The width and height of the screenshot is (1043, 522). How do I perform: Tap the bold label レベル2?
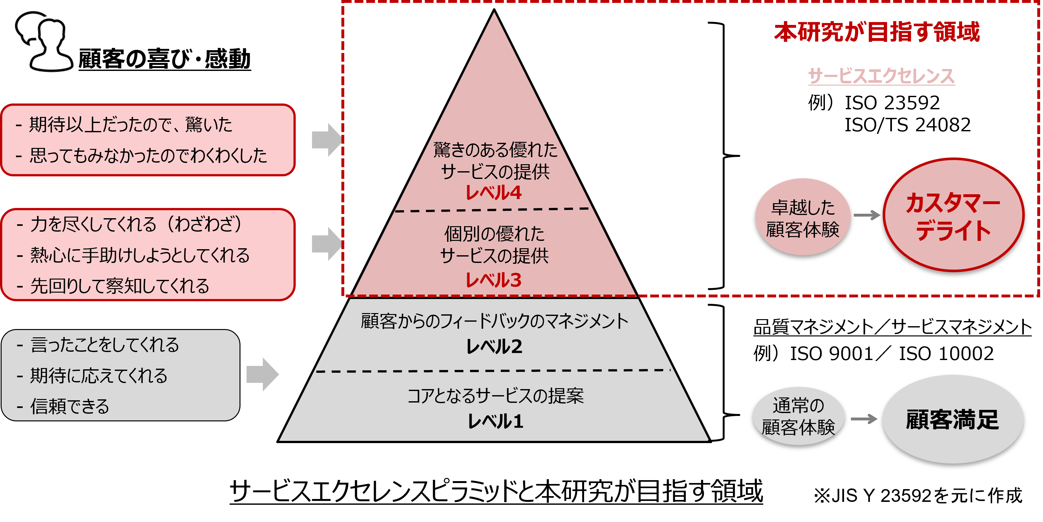coord(494,347)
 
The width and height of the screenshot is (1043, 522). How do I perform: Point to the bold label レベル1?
coord(495,421)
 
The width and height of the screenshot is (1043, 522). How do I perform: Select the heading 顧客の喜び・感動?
coord(164,59)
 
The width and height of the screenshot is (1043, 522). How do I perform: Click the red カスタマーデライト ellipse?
coord(953,215)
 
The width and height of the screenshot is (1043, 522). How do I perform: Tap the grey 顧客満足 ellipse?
coord(953,419)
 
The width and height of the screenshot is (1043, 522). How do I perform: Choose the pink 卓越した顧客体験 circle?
coord(803,218)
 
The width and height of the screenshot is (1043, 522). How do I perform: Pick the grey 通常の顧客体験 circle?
coord(798,416)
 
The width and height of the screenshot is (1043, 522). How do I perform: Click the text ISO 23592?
coord(892,103)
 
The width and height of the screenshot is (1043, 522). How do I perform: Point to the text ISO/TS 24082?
coord(907,125)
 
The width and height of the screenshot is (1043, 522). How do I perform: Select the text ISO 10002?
coord(946,354)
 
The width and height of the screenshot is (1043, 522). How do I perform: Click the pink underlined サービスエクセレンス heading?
coord(881,76)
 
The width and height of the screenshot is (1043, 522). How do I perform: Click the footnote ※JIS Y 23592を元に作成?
coord(918,495)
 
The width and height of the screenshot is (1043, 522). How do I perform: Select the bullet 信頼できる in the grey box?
coord(70,406)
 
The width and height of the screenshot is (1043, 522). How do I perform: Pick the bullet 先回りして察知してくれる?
coord(119,286)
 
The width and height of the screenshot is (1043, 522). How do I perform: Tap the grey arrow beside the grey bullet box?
coord(263,374)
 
